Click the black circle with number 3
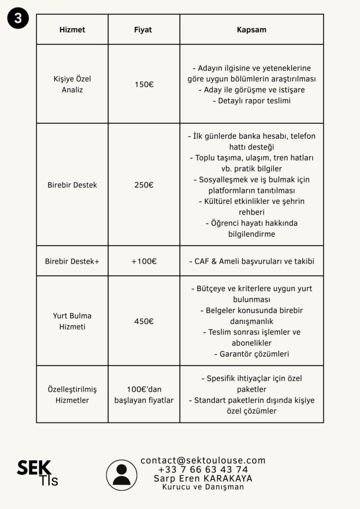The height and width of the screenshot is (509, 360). tap(18, 18)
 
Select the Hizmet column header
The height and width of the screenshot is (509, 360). tap(72, 30)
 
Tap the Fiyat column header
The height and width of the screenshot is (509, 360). tap(143, 30)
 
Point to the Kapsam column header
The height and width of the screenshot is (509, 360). tap(251, 30)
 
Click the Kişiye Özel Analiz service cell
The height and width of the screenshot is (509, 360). tap(72, 84)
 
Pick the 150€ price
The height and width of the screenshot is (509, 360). tap(144, 85)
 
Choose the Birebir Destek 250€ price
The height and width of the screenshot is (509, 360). tap(144, 185)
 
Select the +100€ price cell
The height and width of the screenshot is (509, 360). tap(144, 261)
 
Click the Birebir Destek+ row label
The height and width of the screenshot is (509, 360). tap(72, 261)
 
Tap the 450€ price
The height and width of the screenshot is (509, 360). tap(144, 321)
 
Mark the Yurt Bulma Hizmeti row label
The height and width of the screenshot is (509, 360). tap(72, 321)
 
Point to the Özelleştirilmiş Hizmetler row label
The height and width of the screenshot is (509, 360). tap(72, 394)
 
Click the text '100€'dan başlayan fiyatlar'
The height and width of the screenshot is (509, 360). tap(144, 394)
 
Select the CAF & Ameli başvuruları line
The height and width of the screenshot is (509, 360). tap(252, 261)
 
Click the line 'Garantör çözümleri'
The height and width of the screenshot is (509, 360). tap(252, 354)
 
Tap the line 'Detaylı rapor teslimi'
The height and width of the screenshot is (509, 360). tap(252, 101)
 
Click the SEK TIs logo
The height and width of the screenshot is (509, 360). tap(37, 473)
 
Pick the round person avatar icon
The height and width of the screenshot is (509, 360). tap(122, 475)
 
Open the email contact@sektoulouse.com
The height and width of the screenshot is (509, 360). tap(203, 461)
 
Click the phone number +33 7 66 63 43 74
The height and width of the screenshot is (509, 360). tap(203, 470)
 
